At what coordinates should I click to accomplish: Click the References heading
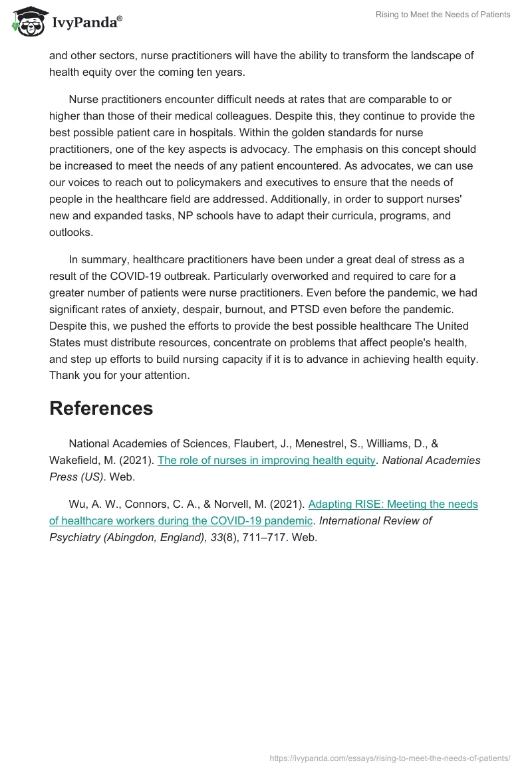coord(101,408)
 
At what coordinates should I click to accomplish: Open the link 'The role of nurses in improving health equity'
coord(266,460)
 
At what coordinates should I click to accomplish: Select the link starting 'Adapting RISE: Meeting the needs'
coord(393,504)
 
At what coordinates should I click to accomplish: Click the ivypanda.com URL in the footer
coord(390,758)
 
